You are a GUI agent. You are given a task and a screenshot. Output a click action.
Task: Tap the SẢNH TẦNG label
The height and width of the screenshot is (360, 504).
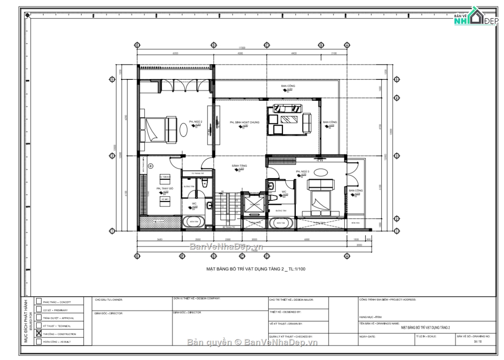(239, 166)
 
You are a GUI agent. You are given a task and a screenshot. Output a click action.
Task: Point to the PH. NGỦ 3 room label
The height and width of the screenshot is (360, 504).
(302, 172)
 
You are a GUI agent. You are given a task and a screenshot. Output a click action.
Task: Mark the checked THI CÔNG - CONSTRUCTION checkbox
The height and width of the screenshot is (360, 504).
(39, 334)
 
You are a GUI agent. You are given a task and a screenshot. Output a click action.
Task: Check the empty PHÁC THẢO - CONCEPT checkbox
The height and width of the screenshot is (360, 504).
(39, 301)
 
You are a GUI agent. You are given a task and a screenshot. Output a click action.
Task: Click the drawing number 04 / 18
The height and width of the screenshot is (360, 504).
(478, 342)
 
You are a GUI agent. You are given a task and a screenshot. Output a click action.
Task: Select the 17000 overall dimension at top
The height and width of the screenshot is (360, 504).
(242, 48)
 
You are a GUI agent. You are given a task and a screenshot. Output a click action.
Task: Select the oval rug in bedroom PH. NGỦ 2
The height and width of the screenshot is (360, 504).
(184, 129)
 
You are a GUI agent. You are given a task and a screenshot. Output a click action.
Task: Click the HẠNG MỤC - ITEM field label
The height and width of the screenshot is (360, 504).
(370, 317)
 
